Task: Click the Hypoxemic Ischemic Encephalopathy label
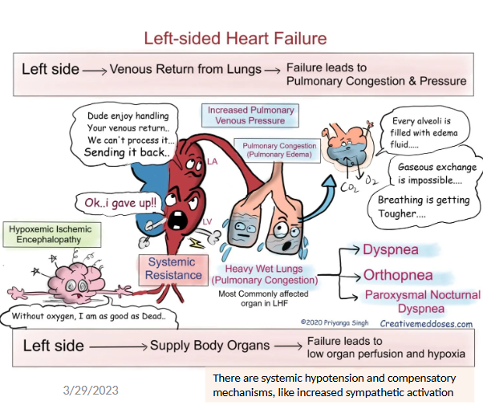point(51,234)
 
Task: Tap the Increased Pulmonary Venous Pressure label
point(251,115)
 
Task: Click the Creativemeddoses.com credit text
point(426,324)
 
